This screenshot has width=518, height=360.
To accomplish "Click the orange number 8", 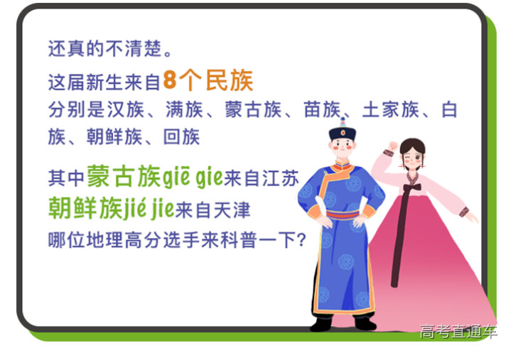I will [169, 80].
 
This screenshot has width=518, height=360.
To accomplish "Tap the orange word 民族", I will [228, 80].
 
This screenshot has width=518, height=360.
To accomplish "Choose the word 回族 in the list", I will [181, 136].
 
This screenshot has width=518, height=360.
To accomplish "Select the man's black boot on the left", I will [321, 322].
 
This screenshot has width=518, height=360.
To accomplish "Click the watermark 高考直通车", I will [458, 332].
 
